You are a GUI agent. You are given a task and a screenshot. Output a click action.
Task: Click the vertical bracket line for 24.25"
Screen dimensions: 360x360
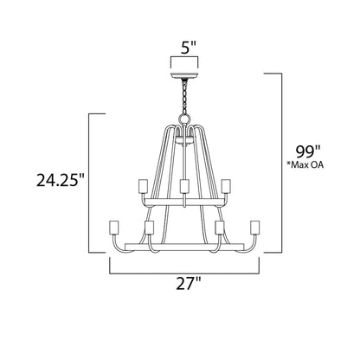click(89, 182)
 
